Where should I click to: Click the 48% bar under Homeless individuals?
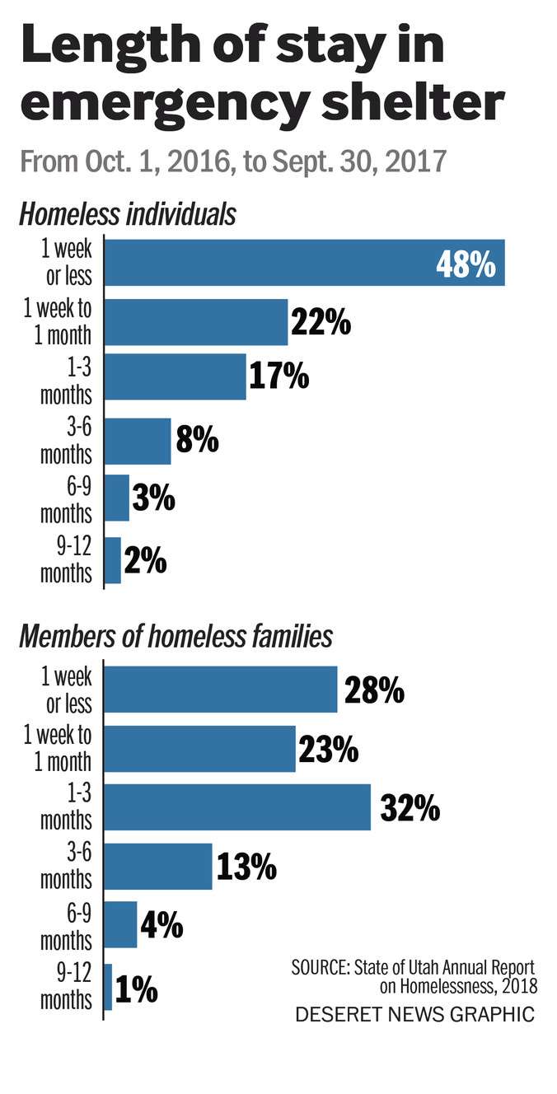click(303, 263)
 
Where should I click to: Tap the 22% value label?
click(320, 322)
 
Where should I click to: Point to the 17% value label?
click(278, 377)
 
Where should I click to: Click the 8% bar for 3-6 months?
click(138, 442)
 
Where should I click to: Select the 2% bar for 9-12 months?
click(113, 560)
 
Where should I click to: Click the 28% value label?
click(373, 690)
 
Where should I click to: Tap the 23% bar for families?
click(199, 749)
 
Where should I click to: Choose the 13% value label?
click(246, 867)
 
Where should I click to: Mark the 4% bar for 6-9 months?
click(120, 925)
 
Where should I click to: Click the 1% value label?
click(137, 989)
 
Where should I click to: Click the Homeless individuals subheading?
click(128, 215)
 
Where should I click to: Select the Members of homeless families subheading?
click(176, 637)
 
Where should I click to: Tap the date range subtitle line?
click(233, 161)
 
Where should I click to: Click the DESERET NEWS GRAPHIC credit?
click(414, 1014)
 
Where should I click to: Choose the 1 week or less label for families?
click(67, 690)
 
